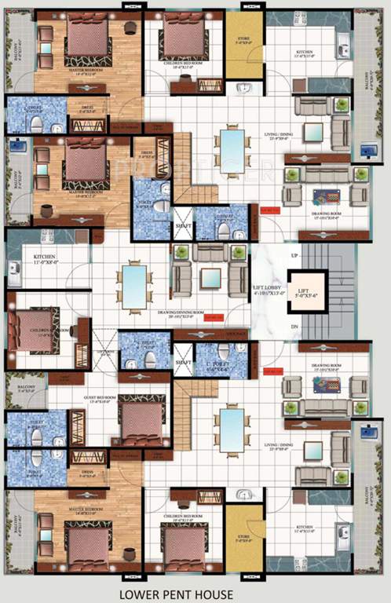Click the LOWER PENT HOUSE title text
point(195,594)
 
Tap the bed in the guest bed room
point(142,422)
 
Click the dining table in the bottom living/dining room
point(231,430)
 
